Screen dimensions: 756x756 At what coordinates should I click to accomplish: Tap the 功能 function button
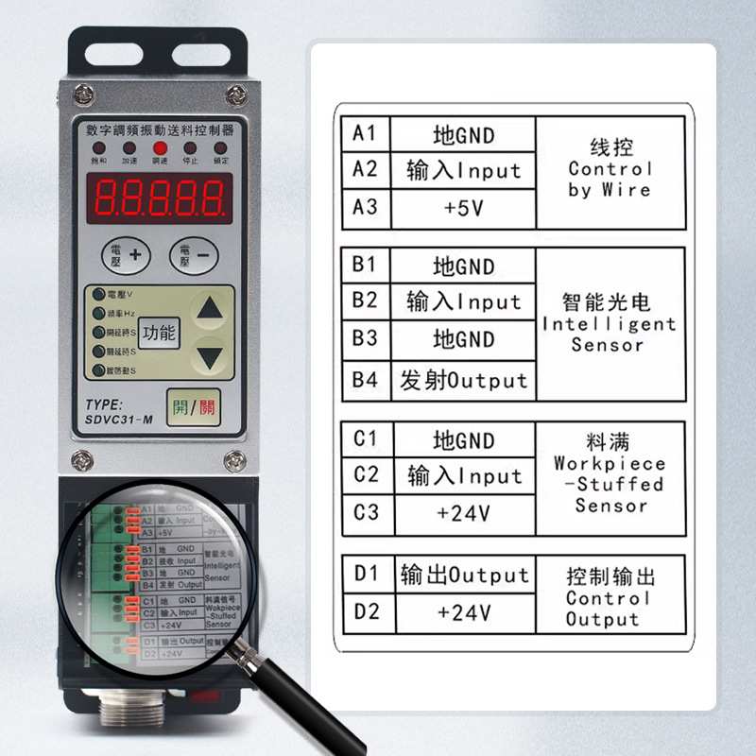pos(160,332)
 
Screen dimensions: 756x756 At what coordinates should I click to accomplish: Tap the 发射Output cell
pos(463,381)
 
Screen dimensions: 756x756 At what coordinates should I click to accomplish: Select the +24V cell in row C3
pos(463,513)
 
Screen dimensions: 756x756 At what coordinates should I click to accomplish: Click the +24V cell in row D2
pos(463,612)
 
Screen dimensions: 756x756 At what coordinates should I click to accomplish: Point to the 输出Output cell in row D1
pos(464,575)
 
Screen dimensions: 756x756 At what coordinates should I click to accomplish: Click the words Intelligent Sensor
pos(609,335)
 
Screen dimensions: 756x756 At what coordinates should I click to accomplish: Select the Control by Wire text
pos(610,180)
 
